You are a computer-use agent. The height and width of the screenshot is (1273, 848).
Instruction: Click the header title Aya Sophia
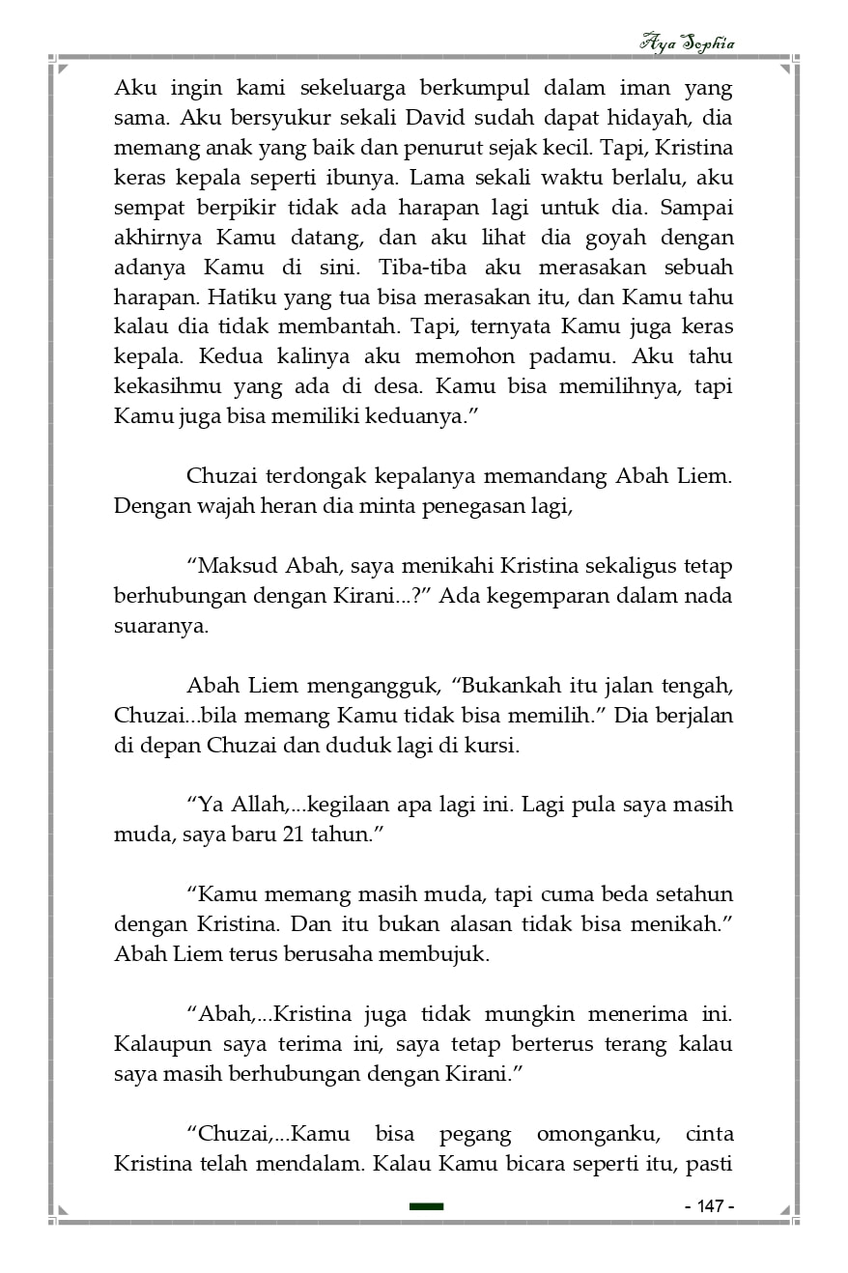687,42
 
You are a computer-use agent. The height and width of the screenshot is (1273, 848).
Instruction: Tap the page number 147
710,1206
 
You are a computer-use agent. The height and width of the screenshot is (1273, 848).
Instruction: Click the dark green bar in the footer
426,1206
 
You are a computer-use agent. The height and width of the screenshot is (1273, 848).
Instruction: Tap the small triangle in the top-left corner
63,69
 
